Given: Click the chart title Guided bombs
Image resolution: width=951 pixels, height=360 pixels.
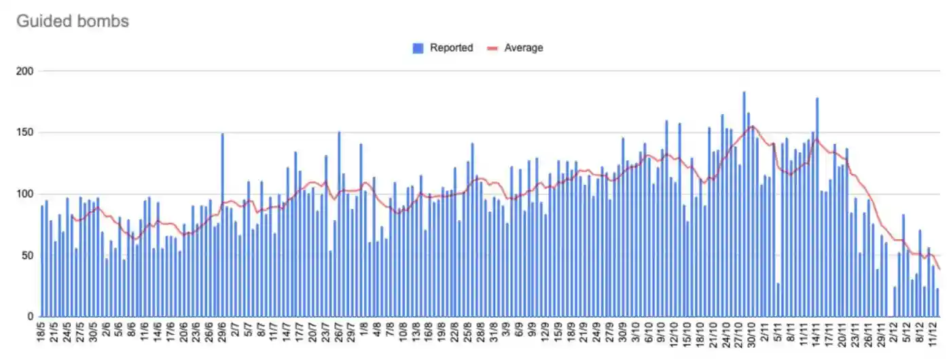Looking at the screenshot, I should pyautogui.click(x=72, y=21).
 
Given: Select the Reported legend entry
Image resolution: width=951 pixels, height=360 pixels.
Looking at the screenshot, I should pyautogui.click(x=451, y=48).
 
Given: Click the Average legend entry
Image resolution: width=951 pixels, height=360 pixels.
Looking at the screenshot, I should pyautogui.click(x=523, y=48).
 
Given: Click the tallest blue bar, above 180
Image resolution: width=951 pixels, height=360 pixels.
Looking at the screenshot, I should pyautogui.click(x=744, y=204).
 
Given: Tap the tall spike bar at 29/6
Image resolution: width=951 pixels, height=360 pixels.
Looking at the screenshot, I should pyautogui.click(x=222, y=224).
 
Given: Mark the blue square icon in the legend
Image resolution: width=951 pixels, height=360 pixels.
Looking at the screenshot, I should pyautogui.click(x=418, y=48).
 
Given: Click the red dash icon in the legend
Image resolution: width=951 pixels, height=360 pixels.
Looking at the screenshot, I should pyautogui.click(x=494, y=48).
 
